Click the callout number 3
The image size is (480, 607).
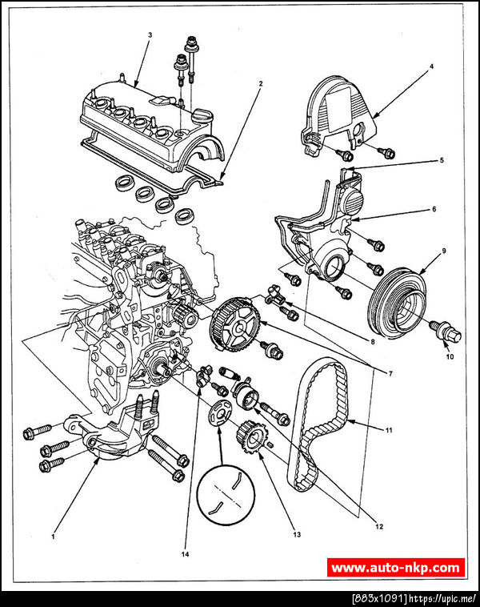150,35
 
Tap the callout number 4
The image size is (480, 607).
432,66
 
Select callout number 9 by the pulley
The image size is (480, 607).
444,251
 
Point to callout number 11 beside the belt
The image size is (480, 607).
389,430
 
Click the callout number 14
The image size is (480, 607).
186,554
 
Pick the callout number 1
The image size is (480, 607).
53,537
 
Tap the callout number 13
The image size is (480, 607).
297,535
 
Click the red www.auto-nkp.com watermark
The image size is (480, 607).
396,568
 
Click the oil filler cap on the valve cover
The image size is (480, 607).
202,115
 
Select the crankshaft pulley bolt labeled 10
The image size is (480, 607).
446,332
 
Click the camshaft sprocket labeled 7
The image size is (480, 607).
235,324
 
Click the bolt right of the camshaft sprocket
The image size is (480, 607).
272,350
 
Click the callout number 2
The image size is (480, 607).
261,83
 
